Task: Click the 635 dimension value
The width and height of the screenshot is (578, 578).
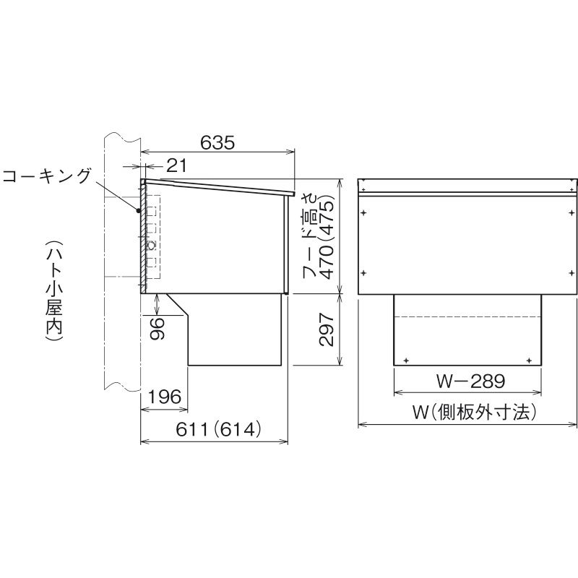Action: [x=217, y=142]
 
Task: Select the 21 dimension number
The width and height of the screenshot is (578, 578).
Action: [x=176, y=166]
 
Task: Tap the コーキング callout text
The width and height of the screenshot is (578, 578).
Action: [x=46, y=176]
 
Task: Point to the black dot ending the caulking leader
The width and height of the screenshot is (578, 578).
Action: [x=138, y=211]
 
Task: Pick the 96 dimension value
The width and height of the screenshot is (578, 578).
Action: [x=158, y=329]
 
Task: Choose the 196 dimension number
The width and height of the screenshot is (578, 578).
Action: [x=165, y=397]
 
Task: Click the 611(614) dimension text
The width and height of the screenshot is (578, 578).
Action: [x=218, y=429]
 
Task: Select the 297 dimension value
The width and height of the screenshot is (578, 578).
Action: [x=327, y=329]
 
